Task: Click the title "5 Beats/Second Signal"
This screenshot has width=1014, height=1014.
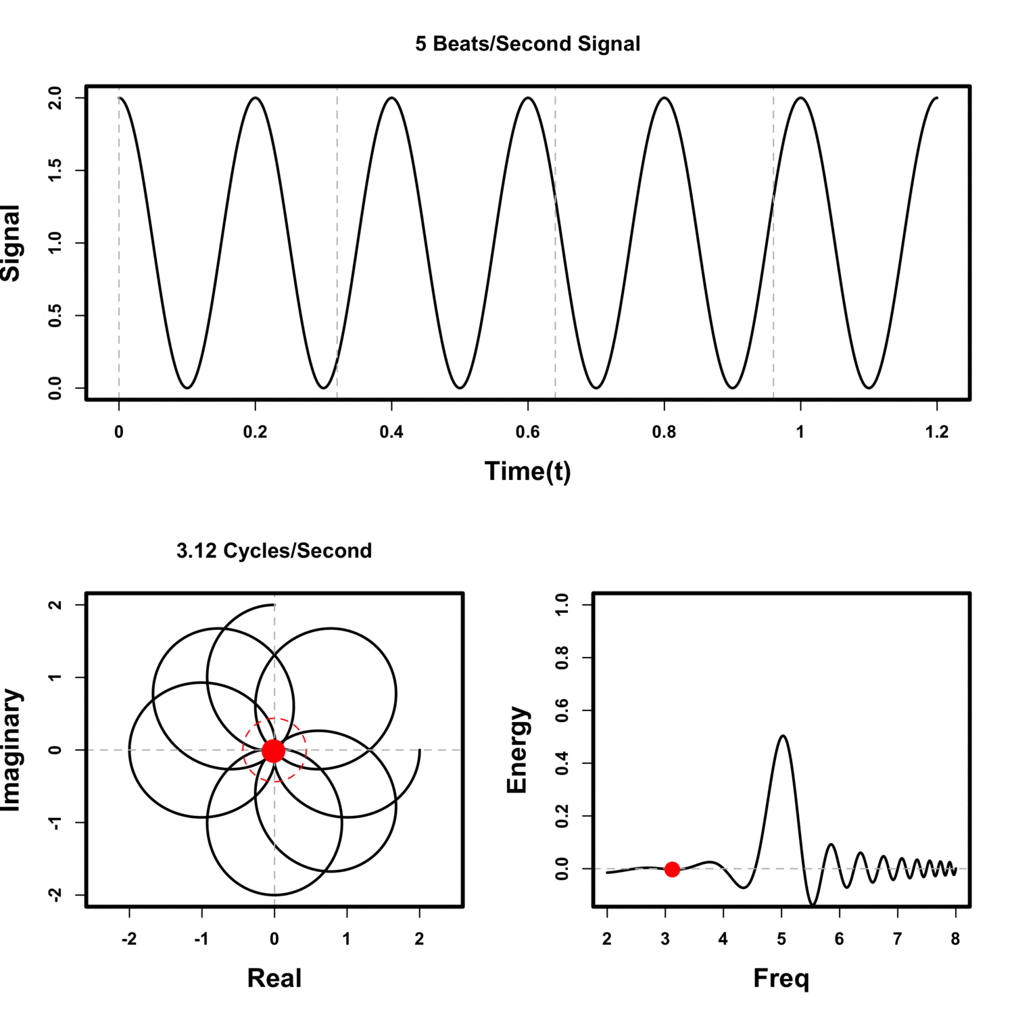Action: [x=527, y=44]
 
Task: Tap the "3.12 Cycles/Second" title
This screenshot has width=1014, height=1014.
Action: [x=274, y=551]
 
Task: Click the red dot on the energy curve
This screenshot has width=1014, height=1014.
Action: [x=671, y=869]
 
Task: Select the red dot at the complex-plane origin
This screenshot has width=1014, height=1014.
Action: [x=273, y=750]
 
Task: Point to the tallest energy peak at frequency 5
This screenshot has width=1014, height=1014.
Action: [x=782, y=736]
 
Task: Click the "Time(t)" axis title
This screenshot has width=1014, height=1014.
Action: [x=527, y=471]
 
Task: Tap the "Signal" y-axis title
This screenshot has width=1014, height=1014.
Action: [x=11, y=243]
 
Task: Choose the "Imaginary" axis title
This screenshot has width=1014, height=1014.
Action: [x=11, y=750]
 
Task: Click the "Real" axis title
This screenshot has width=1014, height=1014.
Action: [x=274, y=978]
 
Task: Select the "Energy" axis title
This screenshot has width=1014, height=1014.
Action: [x=517, y=750]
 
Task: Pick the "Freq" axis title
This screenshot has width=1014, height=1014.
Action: [x=781, y=978]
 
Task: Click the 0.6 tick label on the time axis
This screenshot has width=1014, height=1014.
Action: [x=527, y=432]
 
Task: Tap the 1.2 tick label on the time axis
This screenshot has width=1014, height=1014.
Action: [x=936, y=432]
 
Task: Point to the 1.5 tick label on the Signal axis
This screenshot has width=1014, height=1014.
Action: [x=55, y=170]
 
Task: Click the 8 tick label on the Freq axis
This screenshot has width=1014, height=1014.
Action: [x=955, y=939]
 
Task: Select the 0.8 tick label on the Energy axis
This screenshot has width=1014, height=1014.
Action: [x=562, y=658]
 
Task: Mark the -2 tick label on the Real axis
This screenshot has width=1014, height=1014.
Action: [x=128, y=939]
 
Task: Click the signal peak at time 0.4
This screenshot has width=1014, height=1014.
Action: [x=391, y=99]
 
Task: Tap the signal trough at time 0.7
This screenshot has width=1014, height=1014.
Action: [x=596, y=387]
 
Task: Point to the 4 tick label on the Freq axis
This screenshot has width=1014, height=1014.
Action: [x=723, y=939]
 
